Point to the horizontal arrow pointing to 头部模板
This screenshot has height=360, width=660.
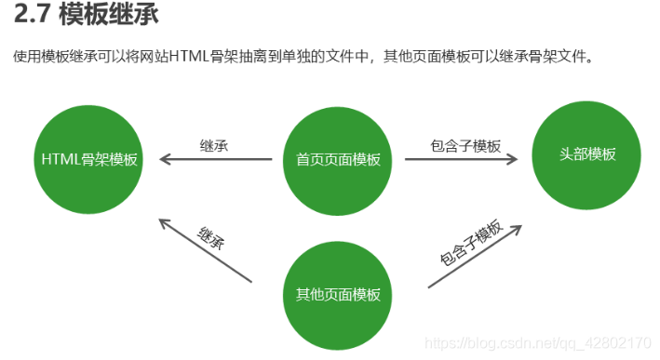click(x=461, y=159)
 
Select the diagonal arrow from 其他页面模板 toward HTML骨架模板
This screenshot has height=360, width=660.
click(x=205, y=249)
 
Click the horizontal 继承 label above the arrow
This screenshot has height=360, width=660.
click(x=214, y=145)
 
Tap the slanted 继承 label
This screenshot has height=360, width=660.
click(x=212, y=236)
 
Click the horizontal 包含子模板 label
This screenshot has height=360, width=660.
click(x=465, y=146)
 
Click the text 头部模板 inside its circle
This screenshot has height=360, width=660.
click(x=586, y=154)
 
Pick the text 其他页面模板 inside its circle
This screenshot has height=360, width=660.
click(x=338, y=295)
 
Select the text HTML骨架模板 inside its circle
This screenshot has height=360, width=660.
click(x=88, y=159)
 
